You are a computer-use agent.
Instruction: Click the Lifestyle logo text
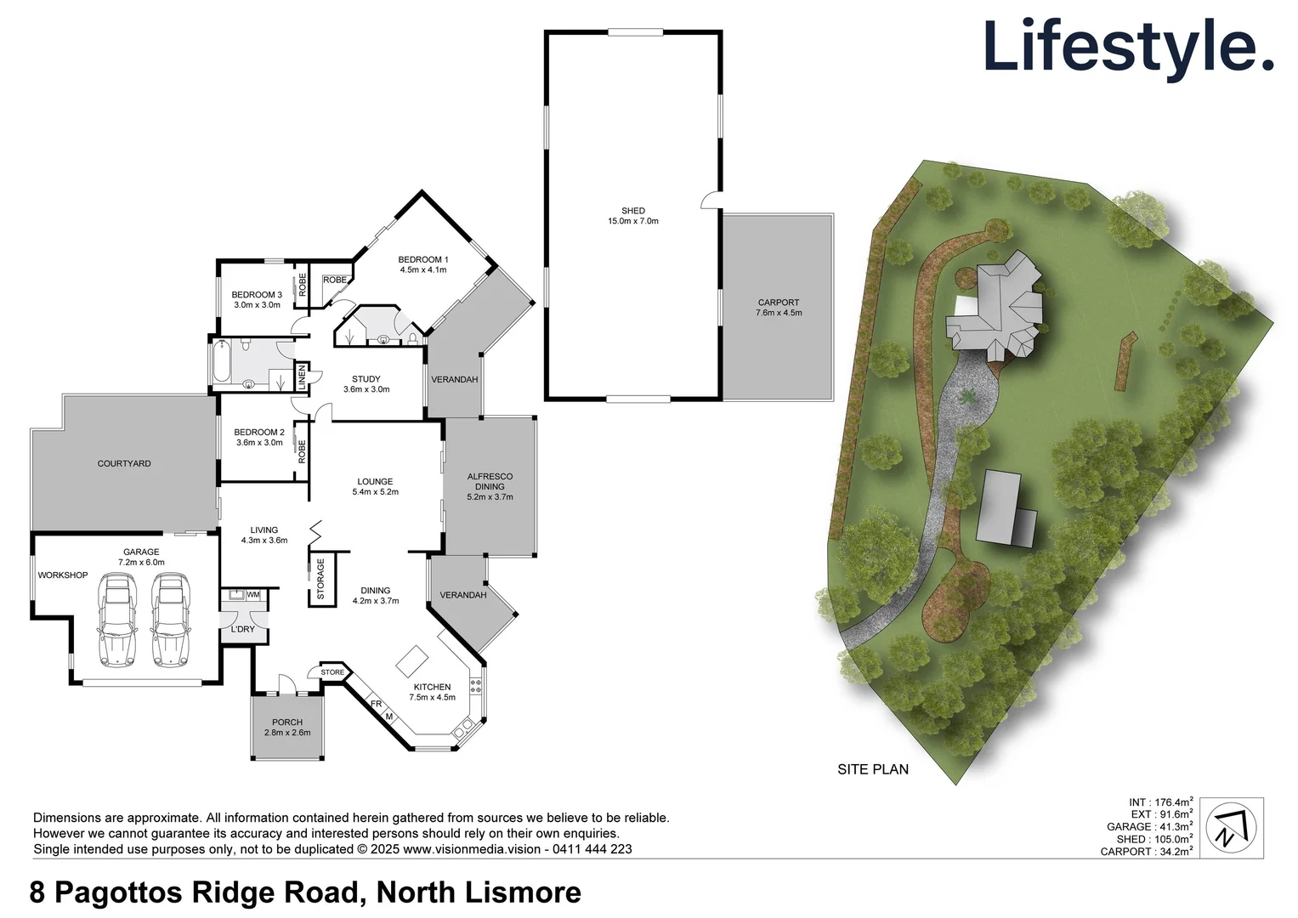click(1127, 47)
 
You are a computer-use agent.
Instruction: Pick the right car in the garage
click(171, 620)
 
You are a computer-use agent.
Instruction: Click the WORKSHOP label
click(63, 575)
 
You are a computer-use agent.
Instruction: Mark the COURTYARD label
click(124, 464)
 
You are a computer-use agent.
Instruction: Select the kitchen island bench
click(412, 660)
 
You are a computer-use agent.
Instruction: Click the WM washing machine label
click(253, 595)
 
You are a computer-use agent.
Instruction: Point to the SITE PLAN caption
click(873, 769)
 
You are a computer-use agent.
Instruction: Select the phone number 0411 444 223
click(592, 849)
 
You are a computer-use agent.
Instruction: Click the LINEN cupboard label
click(302, 377)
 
